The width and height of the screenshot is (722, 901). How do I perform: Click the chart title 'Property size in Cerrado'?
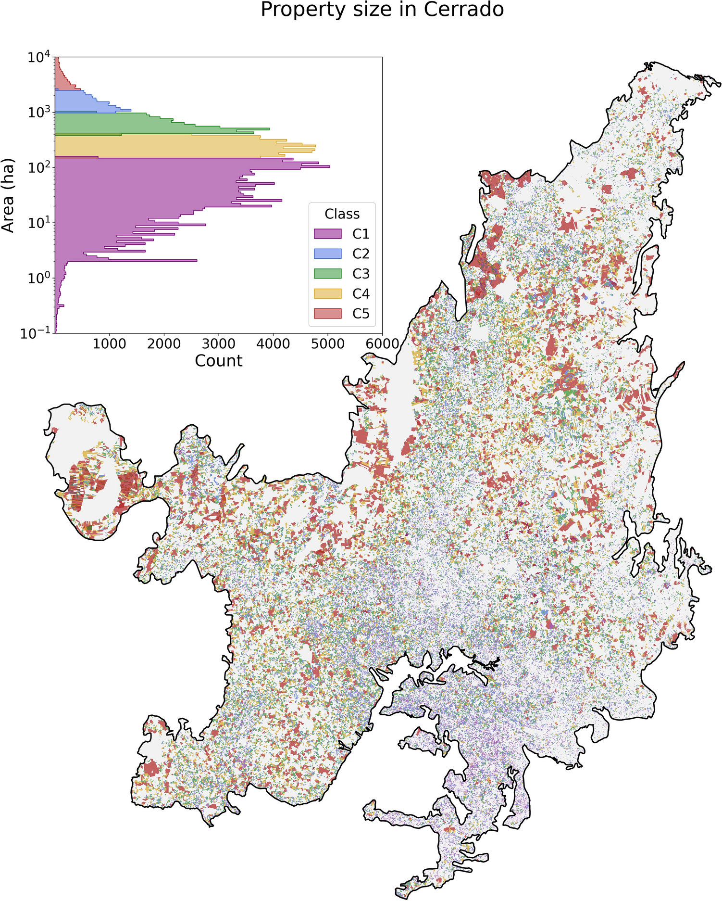[382, 10]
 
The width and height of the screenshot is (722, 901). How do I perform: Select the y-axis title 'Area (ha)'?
[8, 195]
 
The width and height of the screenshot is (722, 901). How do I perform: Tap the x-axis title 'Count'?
[218, 361]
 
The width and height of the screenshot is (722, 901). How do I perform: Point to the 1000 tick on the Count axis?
[110, 344]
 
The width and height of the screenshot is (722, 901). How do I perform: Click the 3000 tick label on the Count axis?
[219, 344]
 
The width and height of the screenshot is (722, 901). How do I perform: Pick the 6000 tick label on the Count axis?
[382, 344]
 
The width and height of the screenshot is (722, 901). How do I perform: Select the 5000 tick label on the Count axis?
[328, 344]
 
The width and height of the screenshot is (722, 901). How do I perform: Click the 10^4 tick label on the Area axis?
[39, 58]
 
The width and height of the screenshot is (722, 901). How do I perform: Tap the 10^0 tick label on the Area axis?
[39, 279]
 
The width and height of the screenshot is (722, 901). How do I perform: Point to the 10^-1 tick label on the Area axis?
[36, 333]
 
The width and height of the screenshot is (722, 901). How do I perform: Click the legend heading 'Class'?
[342, 214]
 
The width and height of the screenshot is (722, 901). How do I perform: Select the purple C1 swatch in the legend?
[327, 234]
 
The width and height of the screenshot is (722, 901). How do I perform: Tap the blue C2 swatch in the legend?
[327, 254]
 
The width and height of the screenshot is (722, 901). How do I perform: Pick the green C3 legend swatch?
[327, 274]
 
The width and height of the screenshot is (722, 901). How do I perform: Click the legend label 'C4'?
[361, 293]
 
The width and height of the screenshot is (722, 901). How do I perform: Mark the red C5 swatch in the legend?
[327, 314]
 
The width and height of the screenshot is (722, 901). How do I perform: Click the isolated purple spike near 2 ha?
[144, 260]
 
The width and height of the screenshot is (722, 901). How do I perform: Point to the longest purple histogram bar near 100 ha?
[192, 166]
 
